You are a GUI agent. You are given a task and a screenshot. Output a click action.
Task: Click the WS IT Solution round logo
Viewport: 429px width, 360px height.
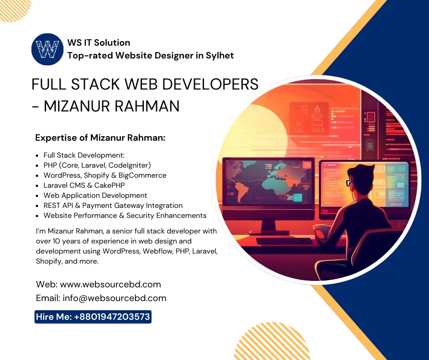[x=47, y=49]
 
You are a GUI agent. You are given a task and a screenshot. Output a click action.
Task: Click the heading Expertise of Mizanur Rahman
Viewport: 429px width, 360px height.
[x=100, y=138]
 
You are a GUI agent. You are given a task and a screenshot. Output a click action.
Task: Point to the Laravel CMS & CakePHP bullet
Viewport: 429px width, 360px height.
[x=84, y=185]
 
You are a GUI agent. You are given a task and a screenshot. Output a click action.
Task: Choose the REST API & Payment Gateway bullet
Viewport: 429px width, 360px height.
[x=113, y=206]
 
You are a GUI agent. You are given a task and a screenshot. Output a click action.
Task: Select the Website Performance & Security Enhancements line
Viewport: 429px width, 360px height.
[x=125, y=216]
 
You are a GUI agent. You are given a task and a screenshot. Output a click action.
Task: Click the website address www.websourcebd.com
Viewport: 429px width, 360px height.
[x=110, y=284]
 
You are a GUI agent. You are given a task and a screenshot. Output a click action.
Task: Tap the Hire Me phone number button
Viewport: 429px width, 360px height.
[x=93, y=317]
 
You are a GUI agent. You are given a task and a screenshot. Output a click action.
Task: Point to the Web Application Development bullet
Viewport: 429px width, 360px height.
[x=95, y=196]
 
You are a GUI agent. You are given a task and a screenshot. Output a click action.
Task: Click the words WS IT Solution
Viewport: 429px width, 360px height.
[x=98, y=42]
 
